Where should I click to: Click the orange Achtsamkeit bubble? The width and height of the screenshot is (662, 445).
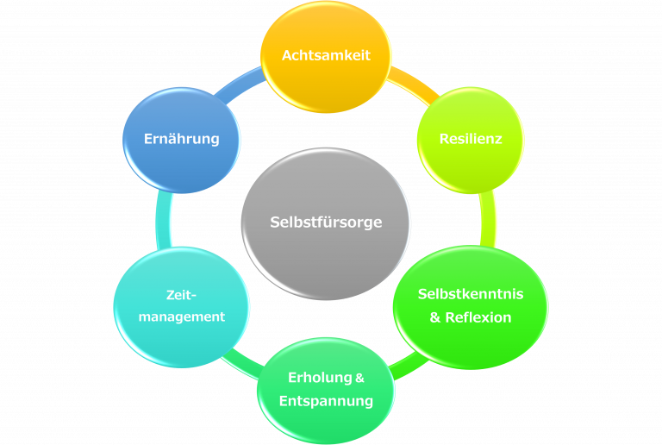pyautogui.click(x=326, y=56)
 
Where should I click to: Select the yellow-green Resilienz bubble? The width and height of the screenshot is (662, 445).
pyautogui.click(x=470, y=139)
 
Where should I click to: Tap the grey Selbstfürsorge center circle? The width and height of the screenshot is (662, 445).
pyautogui.click(x=326, y=222)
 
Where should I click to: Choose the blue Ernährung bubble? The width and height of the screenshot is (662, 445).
pyautogui.click(x=181, y=139)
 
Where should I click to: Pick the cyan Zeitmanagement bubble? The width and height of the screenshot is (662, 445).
pyautogui.click(x=182, y=306)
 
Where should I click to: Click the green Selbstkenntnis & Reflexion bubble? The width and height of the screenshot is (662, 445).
pyautogui.click(x=470, y=306)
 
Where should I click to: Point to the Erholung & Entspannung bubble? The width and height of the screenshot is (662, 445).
pyautogui.click(x=326, y=389)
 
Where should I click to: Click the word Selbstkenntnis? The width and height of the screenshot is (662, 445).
pyautogui.click(x=470, y=294)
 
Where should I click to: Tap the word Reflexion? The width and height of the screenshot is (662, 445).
pyautogui.click(x=478, y=317)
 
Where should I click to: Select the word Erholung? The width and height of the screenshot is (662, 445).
pyautogui.click(x=319, y=378)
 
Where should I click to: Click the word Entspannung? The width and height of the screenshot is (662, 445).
pyautogui.click(x=326, y=401)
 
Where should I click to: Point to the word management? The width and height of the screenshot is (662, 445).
pyautogui.click(x=182, y=317)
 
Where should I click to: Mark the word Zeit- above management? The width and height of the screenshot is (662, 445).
pyautogui.click(x=182, y=295)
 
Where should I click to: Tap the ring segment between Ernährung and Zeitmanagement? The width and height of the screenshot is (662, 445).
pyautogui.click(x=163, y=220)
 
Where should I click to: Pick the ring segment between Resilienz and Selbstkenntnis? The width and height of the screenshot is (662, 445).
pyautogui.click(x=489, y=219)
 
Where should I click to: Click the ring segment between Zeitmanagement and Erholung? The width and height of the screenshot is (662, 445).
pyautogui.click(x=238, y=362)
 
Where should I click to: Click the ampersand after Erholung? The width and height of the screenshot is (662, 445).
pyautogui.click(x=360, y=378)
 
